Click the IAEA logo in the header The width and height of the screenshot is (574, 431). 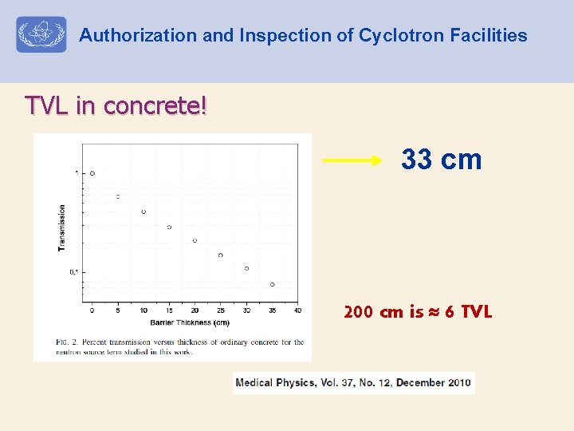[41, 35]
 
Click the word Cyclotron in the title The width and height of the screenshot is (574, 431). [396, 35]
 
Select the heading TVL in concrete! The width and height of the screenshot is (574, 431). [116, 105]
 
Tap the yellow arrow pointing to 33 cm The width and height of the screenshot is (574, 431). [352, 160]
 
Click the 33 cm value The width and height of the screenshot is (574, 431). [441, 160]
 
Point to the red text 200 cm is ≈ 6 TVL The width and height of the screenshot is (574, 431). [418, 312]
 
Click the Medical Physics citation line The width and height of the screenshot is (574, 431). [353, 383]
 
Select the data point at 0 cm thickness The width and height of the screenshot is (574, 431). [92, 173]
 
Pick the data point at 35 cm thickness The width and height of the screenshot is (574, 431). [272, 284]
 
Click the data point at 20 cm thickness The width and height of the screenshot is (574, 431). [195, 240]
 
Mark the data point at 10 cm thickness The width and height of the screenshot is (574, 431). [143, 212]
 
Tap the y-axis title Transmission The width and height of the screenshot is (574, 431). [62, 228]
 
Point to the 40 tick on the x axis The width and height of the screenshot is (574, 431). [297, 310]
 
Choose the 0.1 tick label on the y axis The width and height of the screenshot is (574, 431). [73, 272]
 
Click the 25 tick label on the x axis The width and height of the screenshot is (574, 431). [220, 310]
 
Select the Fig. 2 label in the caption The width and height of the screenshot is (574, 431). [66, 342]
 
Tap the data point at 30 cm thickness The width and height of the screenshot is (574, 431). [246, 268]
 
